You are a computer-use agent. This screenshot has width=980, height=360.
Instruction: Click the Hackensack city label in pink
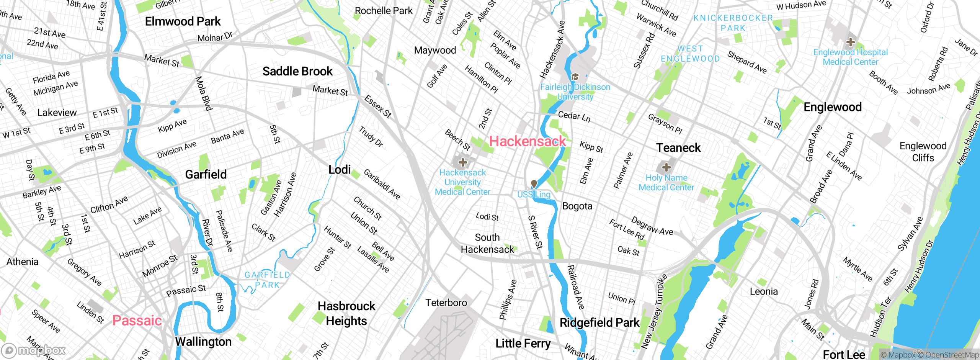528,141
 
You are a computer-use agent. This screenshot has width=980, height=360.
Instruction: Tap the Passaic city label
137,320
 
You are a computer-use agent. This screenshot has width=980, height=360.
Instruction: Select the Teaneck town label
678,148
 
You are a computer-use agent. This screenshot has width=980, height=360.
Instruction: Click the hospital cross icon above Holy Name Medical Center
666,167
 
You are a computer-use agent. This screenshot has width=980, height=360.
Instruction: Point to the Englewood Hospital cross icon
851,42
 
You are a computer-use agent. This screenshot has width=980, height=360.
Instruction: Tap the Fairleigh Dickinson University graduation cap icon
575,77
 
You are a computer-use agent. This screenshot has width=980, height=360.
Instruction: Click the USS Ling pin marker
534,185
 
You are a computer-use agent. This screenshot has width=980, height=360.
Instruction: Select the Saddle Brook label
297,71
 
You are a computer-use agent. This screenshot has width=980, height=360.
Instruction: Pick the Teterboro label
446,303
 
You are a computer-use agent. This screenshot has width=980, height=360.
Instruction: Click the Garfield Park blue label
267,280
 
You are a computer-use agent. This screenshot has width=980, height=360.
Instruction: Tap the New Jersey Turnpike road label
655,311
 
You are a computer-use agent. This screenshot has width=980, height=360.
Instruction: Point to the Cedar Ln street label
574,116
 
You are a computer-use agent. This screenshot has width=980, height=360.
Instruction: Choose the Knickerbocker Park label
733,23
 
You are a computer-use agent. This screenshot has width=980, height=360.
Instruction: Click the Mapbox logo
34,350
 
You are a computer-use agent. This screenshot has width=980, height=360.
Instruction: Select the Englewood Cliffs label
923,152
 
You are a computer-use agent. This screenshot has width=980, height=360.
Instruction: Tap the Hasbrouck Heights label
346,313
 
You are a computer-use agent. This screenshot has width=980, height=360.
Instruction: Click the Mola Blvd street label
203,93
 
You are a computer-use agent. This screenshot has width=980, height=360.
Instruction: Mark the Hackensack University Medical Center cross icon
462,162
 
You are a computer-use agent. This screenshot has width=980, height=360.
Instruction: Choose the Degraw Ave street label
652,226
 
